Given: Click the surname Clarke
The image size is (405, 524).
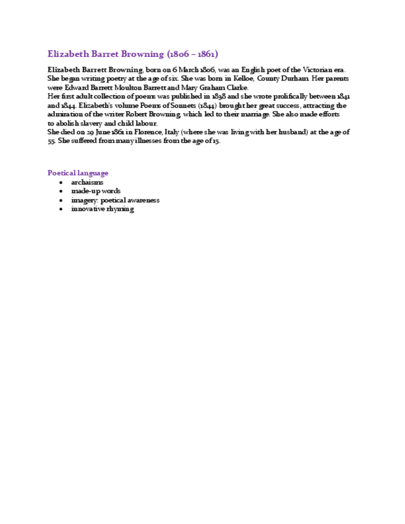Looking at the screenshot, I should [234, 88].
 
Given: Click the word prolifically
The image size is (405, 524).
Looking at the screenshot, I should [294, 97].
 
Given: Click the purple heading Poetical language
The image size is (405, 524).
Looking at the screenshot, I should [78, 173].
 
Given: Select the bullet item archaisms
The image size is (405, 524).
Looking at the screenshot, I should [87, 182].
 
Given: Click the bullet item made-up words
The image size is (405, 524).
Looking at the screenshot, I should [96, 191].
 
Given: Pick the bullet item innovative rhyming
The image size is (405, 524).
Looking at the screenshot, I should [103, 209].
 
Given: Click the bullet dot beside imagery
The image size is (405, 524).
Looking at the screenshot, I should [61, 200].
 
